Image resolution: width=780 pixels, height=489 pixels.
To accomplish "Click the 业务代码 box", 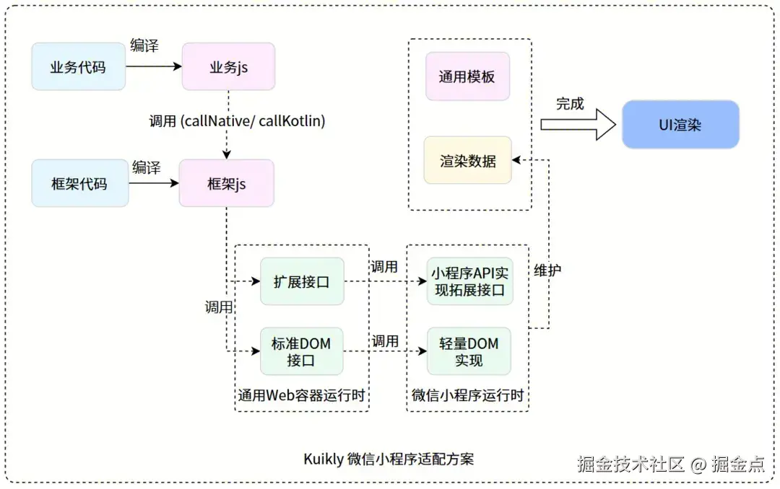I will [x=78, y=67].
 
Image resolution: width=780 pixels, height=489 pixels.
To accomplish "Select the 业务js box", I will [x=228, y=67].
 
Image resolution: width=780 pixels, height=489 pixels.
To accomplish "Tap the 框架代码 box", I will [x=79, y=183].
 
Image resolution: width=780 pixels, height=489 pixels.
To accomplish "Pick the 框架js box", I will [x=227, y=183].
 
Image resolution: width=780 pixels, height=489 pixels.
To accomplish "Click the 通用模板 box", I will [x=467, y=76].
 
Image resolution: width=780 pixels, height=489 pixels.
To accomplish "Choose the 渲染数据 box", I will [x=467, y=160].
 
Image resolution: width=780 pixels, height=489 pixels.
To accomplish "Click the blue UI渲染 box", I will [x=680, y=125].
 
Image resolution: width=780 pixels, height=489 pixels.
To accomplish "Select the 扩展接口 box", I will [x=302, y=281].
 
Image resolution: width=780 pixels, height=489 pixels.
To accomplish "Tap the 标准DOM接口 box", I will [x=301, y=351].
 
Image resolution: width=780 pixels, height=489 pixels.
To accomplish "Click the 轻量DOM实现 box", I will [x=469, y=351].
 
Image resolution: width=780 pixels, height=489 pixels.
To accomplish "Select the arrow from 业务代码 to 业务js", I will [x=154, y=66].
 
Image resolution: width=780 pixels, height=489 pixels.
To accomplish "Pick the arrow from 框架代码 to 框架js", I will [x=153, y=183].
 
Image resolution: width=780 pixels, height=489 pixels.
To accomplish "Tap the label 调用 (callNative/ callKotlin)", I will [x=237, y=121].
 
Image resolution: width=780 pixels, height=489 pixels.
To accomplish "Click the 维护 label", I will [x=548, y=270].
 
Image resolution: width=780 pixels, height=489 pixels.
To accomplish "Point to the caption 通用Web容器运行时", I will [x=302, y=396].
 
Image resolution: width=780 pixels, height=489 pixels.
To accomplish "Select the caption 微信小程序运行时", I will [x=467, y=396].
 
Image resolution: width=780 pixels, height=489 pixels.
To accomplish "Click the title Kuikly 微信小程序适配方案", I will [x=389, y=459].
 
